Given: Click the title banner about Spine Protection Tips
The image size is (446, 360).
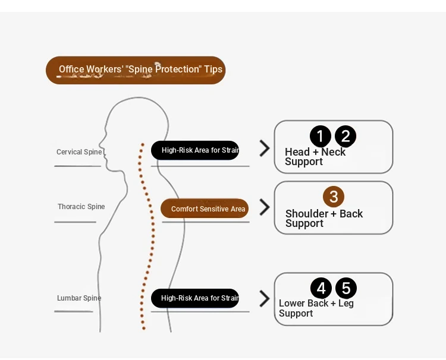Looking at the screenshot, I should pyautogui.click(x=136, y=70).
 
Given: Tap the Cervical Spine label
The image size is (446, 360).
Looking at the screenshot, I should pyautogui.click(x=79, y=152).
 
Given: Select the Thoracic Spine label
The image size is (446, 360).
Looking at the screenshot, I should pyautogui.click(x=81, y=207).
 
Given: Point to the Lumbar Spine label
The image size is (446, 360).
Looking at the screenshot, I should pyautogui.click(x=79, y=298).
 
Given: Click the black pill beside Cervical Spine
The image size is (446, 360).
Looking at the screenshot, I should pyautogui.click(x=195, y=150).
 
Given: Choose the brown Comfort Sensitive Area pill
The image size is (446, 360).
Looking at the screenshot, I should pyautogui.click(x=205, y=209).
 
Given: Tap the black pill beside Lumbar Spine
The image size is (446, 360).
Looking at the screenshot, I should pyautogui.click(x=195, y=298).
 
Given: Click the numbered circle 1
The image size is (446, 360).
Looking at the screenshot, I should pyautogui.click(x=320, y=137).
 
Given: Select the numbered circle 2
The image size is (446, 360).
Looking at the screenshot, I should pyautogui.click(x=346, y=137).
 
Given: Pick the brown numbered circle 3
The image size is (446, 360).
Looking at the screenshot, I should pyautogui.click(x=334, y=197).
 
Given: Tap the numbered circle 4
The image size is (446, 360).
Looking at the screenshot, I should pyautogui.click(x=321, y=289).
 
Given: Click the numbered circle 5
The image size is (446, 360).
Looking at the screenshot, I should pyautogui.click(x=346, y=289).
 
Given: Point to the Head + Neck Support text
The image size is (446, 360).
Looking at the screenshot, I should pyautogui.click(x=315, y=157).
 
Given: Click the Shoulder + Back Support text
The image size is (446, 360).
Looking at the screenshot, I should pyautogui.click(x=323, y=219).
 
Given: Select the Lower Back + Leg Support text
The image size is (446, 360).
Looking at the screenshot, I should pyautogui.click(x=316, y=308).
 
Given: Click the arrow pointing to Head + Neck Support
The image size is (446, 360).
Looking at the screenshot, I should pyautogui.click(x=265, y=149).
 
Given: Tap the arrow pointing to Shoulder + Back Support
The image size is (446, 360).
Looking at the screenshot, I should pyautogui.click(x=265, y=207).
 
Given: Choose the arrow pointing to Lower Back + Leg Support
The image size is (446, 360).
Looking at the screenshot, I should pyautogui.click(x=265, y=299).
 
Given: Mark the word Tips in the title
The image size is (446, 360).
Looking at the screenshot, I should pyautogui.click(x=213, y=70).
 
